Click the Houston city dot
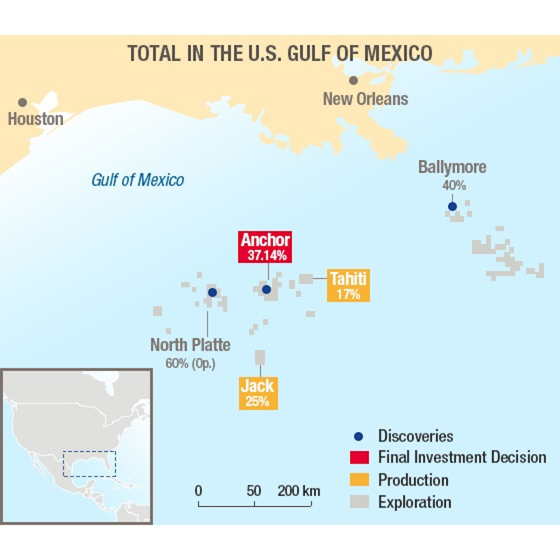(22, 102)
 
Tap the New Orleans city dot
(353, 80)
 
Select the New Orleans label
(365, 99)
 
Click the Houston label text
(35, 119)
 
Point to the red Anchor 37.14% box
(265, 247)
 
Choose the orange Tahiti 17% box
(348, 286)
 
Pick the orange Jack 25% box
(258, 393)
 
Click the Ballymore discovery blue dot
(452, 206)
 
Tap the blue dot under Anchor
(266, 289)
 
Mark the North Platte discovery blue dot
(212, 292)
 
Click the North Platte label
(190, 345)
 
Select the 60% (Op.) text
(190, 363)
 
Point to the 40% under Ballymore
(454, 185)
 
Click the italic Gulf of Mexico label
(138, 180)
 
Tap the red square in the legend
(359, 457)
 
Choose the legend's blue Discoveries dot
(358, 436)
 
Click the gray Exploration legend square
(359, 502)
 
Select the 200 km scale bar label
(299, 490)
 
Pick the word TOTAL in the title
(154, 54)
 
